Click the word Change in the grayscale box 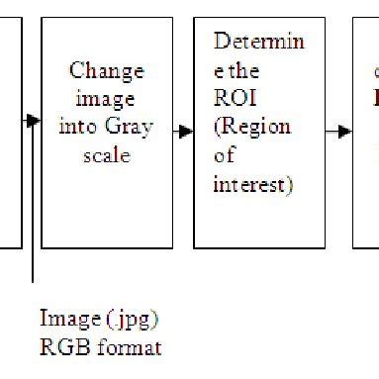[106, 71]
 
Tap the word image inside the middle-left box [106, 100]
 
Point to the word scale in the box [106, 155]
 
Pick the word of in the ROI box [224, 156]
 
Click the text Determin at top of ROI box [258, 44]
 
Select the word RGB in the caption [61, 347]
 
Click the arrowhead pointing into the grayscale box [35, 121]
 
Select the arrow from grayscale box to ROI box [183, 132]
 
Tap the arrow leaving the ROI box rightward [338, 132]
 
